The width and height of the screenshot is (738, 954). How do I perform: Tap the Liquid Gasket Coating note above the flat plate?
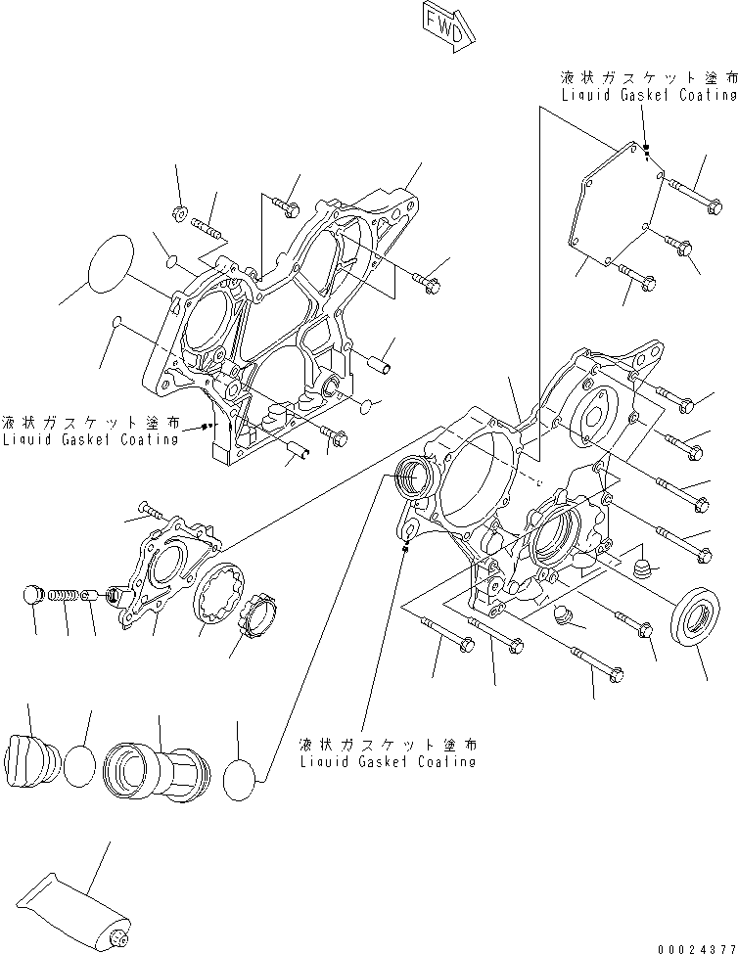coord(646,86)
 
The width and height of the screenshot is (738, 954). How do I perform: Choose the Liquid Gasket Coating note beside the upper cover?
coord(91,432)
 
